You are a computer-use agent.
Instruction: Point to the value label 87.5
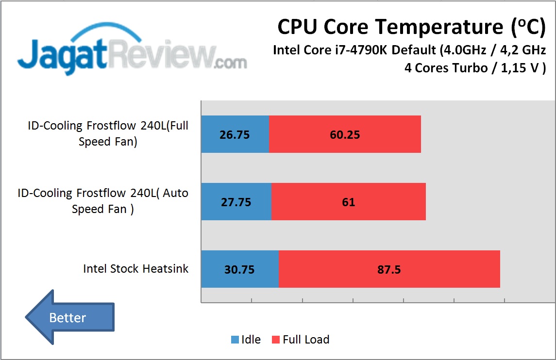coord(389,270)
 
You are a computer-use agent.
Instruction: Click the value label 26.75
coord(235,135)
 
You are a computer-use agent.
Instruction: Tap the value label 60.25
coord(345,135)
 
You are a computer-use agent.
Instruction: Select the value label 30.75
coord(239,270)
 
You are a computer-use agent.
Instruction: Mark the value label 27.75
coord(236,202)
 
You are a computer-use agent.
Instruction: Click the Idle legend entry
coord(246,340)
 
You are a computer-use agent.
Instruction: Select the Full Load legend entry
coord(300,340)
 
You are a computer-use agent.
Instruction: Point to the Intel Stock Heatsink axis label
coord(135,269)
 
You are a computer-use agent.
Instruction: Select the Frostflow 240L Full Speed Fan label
coord(108,133)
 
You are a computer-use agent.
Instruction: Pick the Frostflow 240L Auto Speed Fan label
coord(102,201)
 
